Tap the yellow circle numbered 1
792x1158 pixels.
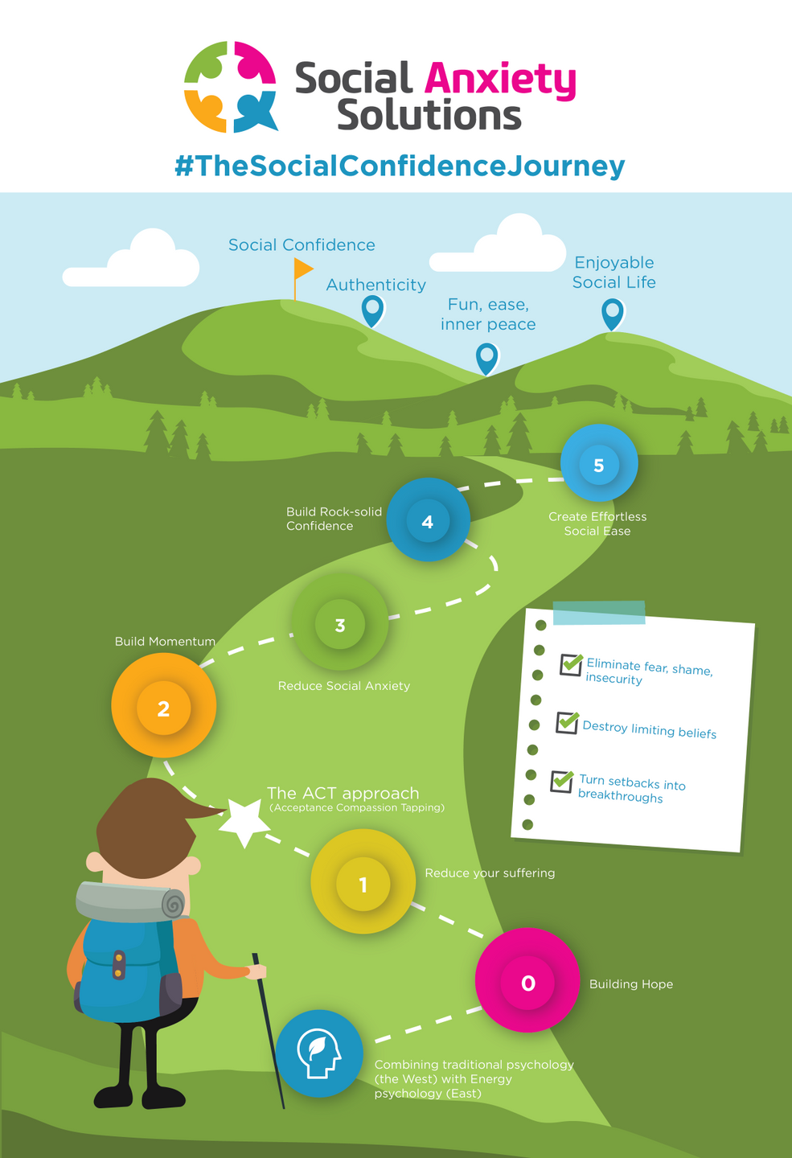(x=363, y=882)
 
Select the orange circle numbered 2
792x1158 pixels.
(x=164, y=706)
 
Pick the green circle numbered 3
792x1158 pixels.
(x=340, y=623)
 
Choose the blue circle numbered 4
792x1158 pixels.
(x=428, y=520)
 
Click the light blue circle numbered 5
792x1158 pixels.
(x=599, y=464)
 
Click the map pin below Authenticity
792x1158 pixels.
(x=372, y=310)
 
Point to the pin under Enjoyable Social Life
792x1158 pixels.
(x=613, y=314)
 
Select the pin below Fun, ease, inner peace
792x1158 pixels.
(x=486, y=357)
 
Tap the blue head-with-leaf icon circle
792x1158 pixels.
(x=319, y=1053)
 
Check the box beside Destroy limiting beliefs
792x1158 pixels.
(x=568, y=722)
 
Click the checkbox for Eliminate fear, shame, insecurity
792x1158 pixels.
(x=571, y=664)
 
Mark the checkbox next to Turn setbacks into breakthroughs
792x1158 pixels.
(x=562, y=781)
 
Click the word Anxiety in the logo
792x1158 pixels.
(x=499, y=80)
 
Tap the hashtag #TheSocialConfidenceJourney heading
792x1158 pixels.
(x=400, y=166)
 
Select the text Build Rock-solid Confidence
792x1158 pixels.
(x=334, y=519)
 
